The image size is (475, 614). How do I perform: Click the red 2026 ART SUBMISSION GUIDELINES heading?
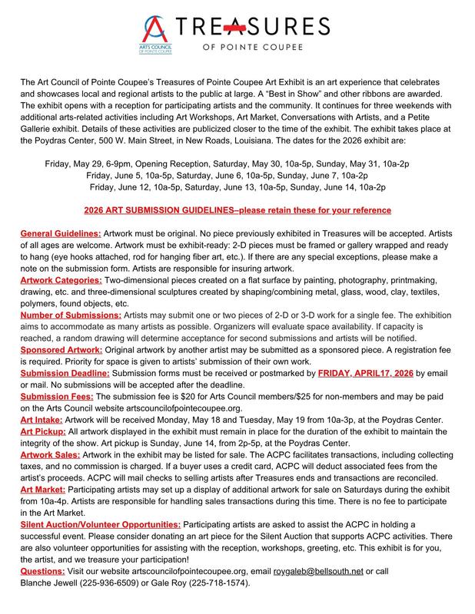(237, 210)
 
